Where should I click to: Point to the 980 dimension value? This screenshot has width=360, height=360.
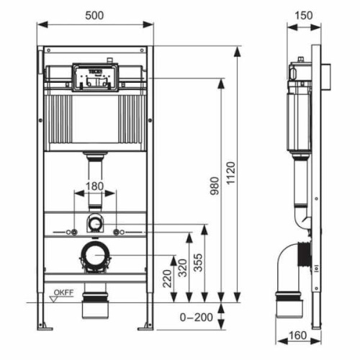point(212,189)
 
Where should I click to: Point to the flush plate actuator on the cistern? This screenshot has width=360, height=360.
point(95,77)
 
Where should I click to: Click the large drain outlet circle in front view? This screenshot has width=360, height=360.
point(94,255)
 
